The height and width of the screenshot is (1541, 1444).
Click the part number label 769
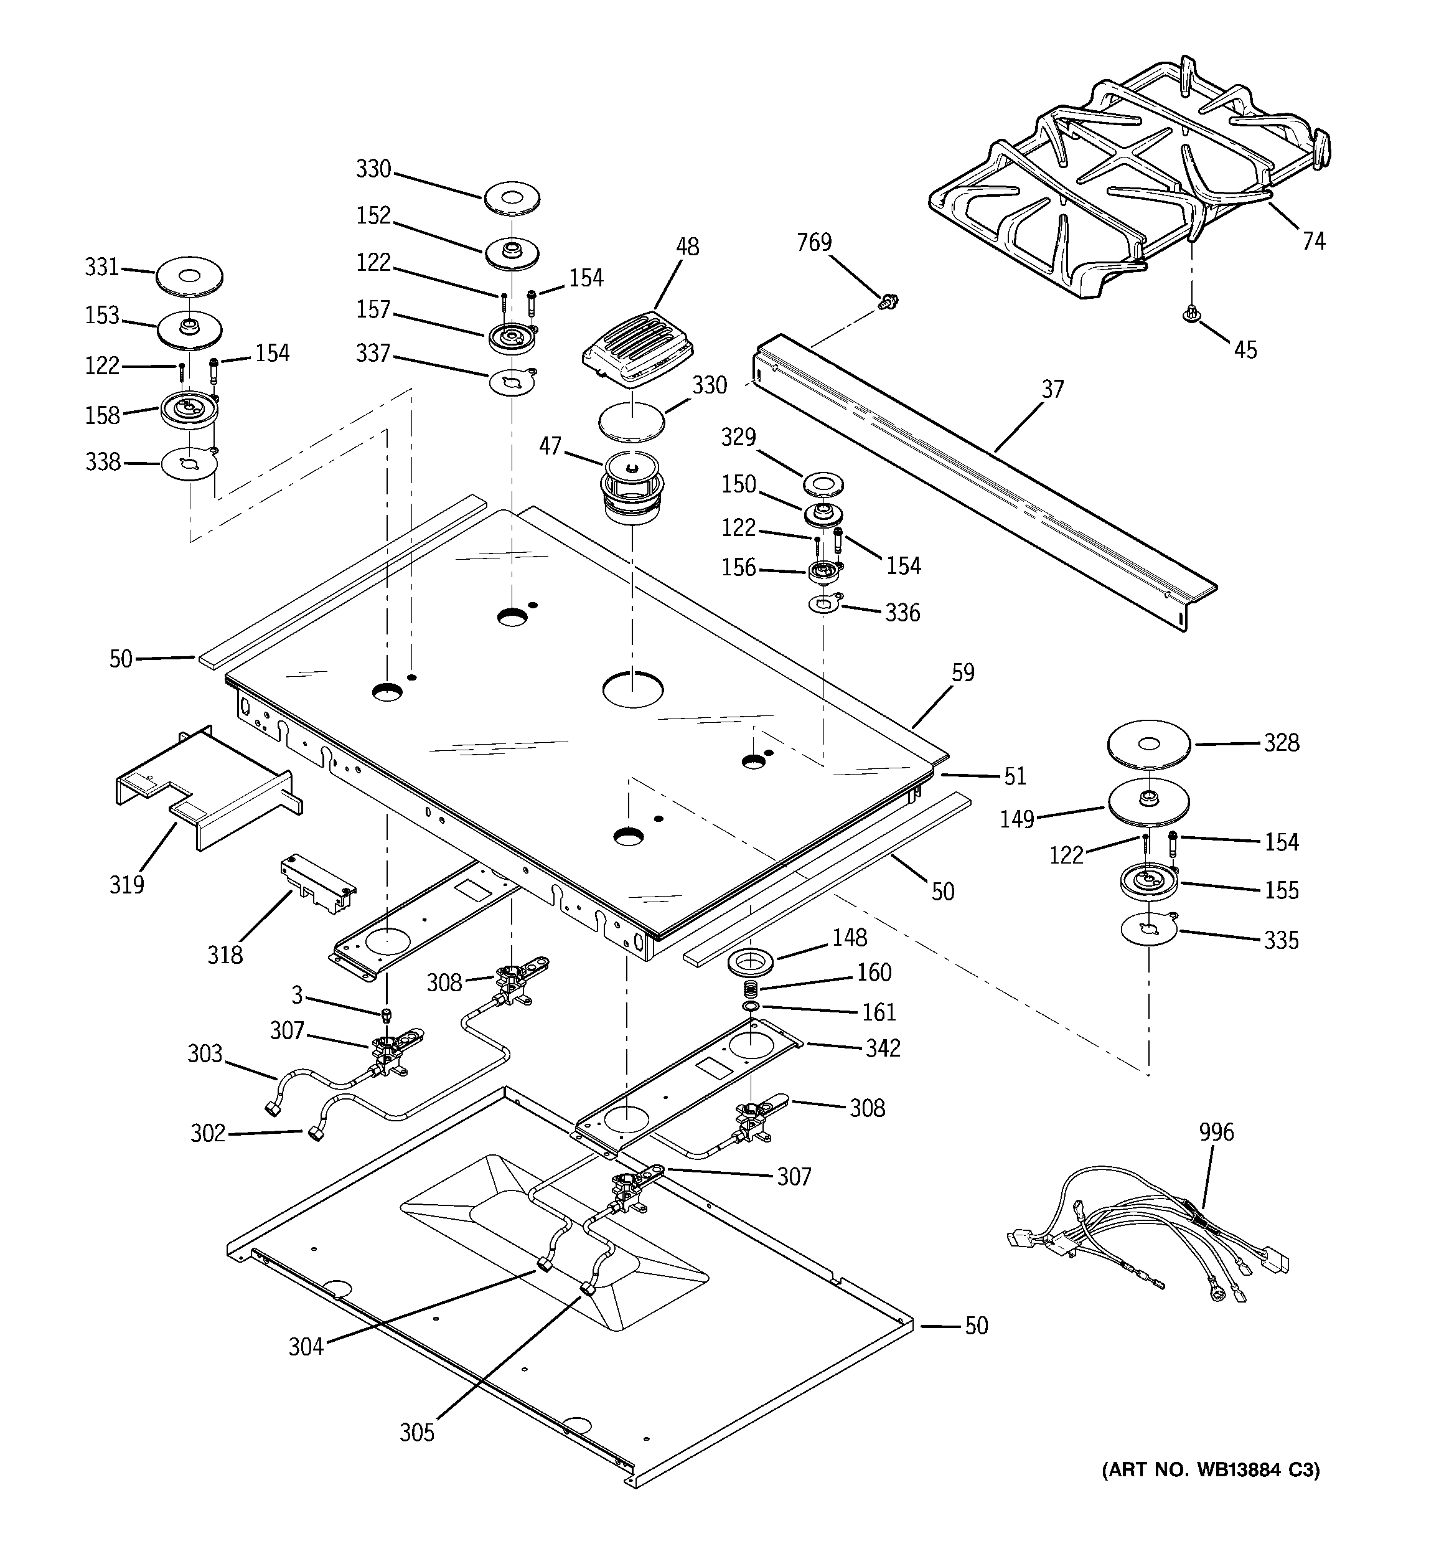pos(814,243)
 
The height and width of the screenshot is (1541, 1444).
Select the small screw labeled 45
pos(1191,314)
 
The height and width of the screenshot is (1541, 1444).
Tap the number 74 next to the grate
pos(1314,242)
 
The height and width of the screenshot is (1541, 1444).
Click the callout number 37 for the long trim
pos(1053,389)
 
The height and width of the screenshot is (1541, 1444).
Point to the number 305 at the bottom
pos(417,1433)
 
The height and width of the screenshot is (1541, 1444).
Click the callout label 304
pos(306,1347)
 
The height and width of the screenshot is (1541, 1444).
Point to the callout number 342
pos(883,1048)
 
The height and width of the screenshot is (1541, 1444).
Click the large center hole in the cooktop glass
pos(632,689)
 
